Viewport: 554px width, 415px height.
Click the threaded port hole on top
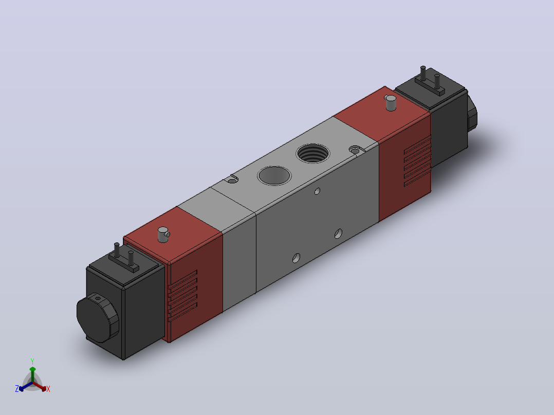point(313,153)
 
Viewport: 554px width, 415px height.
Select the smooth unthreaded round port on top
point(274,175)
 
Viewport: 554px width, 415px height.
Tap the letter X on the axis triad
point(48,389)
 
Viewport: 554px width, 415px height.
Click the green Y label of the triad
point(32,361)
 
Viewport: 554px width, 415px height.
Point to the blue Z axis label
point(16,388)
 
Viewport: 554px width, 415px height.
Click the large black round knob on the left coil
point(98,317)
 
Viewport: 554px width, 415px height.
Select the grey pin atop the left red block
point(163,235)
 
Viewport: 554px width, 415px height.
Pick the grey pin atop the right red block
point(391,102)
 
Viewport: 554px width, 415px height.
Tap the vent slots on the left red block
point(182,296)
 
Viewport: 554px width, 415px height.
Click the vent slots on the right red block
point(417,161)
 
